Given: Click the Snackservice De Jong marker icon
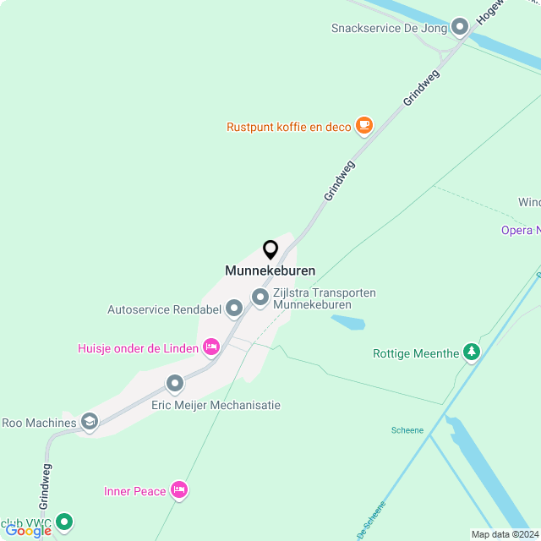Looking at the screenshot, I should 460,28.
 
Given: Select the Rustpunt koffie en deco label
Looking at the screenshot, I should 288,128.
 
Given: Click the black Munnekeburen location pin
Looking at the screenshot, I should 270,250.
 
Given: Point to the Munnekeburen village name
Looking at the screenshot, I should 270,271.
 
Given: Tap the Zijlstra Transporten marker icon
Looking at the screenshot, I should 260,298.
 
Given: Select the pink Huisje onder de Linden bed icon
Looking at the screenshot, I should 211,347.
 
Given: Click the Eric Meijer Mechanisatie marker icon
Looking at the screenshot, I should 175,384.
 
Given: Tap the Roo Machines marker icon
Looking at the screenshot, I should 90,422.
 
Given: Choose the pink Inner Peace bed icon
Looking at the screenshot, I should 178,489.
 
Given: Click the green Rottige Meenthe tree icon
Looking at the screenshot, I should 472,352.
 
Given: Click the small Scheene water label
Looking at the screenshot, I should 407,429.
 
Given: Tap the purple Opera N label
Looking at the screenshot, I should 520,230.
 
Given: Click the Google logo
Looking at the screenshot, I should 28,530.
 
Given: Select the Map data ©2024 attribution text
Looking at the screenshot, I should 505,534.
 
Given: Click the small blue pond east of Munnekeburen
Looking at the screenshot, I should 348,322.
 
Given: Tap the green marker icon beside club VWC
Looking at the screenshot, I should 64,522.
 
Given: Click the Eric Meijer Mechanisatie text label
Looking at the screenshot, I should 216,405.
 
